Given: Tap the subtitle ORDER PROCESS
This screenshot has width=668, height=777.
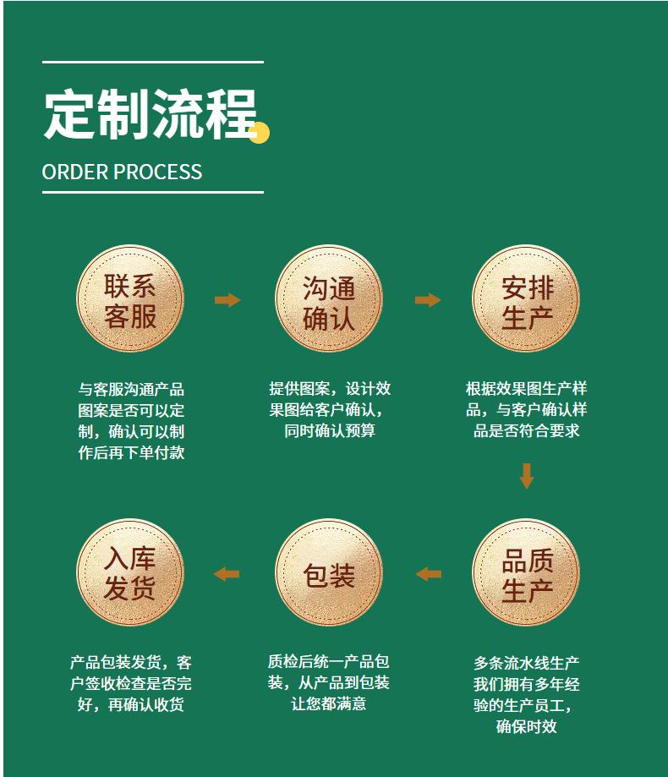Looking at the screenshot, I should click(122, 172).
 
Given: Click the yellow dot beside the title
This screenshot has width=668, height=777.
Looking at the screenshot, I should click(259, 133).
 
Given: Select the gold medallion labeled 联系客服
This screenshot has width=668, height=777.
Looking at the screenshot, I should click(130, 299).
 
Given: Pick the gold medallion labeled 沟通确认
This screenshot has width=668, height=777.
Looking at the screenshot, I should click(329, 299).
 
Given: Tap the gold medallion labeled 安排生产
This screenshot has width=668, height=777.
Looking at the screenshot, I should click(526, 299).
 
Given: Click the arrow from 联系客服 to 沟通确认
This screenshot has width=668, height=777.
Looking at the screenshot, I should click(227, 300).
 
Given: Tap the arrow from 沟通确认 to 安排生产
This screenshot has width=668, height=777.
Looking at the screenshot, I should click(428, 300).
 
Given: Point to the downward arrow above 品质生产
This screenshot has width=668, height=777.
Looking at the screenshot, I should click(527, 475).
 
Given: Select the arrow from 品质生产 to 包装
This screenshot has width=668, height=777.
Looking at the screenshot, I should click(429, 574).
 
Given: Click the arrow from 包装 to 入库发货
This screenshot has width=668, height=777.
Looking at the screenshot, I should click(227, 574).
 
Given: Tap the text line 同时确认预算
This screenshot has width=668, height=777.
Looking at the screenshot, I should click(330, 431).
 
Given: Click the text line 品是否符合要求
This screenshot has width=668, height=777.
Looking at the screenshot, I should click(526, 431).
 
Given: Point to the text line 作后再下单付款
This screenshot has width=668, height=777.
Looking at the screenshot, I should click(131, 452).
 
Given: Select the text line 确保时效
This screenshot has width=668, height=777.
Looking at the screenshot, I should click(526, 726).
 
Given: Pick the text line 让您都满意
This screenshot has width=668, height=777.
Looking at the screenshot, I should click(329, 703).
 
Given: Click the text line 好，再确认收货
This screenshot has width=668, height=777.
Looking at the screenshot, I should click(131, 704).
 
